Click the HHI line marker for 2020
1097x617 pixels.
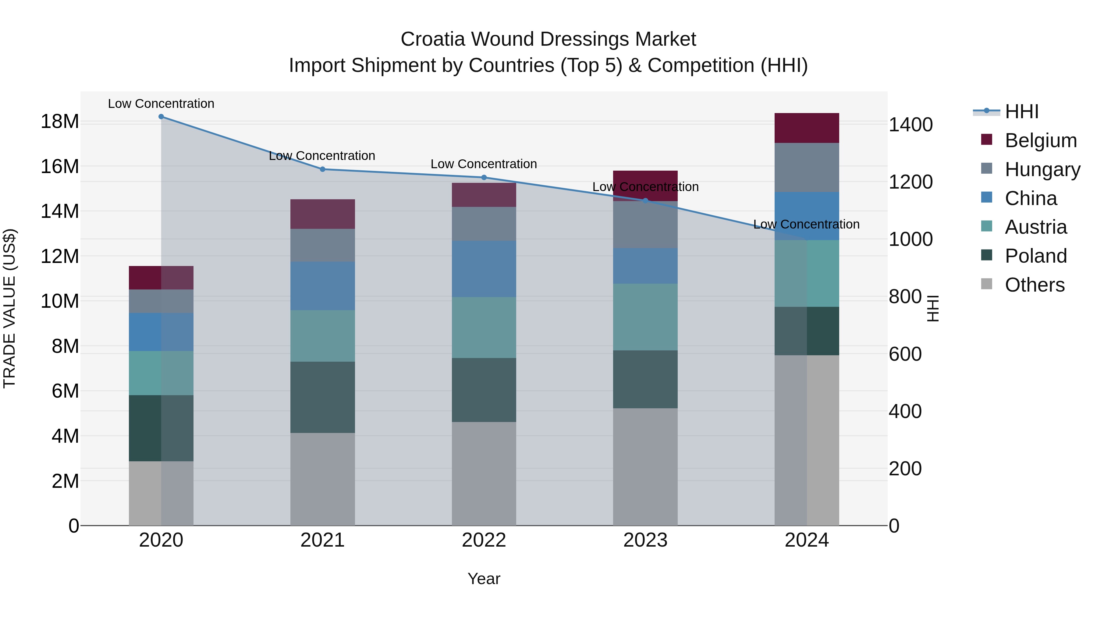click(x=161, y=117)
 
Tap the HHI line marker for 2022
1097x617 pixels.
click(x=484, y=178)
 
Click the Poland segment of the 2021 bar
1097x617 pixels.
click(x=322, y=397)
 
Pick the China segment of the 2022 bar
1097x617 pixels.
click(x=484, y=269)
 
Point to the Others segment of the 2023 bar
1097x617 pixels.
click(x=645, y=467)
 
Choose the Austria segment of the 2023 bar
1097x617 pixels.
click(x=645, y=317)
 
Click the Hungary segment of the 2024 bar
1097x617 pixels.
click(x=807, y=167)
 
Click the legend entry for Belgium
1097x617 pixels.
click(x=1040, y=140)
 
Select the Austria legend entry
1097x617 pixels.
click(x=1036, y=227)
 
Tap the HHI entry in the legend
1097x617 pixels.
click(x=1021, y=112)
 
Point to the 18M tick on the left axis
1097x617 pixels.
click(x=60, y=122)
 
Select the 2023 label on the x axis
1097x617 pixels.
click(x=645, y=540)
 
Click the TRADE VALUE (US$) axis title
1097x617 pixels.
click(x=9, y=308)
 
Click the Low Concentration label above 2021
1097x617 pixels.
click(x=322, y=156)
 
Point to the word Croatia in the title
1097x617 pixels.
click(x=433, y=39)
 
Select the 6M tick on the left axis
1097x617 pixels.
click(x=65, y=391)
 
